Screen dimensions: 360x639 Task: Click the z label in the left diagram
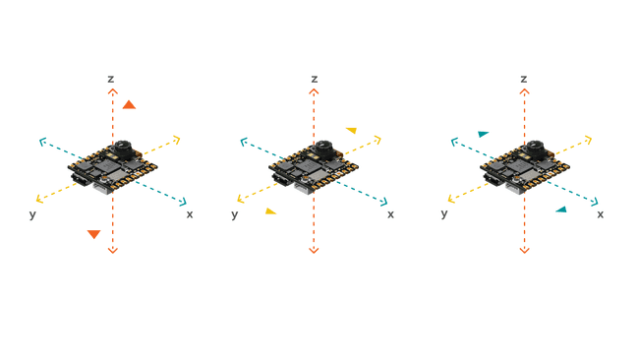(x=112, y=78)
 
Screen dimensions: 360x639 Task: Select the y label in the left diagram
(x=32, y=213)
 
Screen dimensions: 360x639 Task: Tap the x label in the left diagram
(x=190, y=213)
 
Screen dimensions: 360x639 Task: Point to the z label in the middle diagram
(x=314, y=78)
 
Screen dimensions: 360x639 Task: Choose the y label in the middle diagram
(x=234, y=213)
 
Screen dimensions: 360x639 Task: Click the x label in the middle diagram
(x=390, y=213)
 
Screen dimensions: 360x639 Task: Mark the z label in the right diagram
(x=524, y=78)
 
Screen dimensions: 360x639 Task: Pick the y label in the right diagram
(x=444, y=213)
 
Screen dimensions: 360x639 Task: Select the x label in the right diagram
(x=601, y=213)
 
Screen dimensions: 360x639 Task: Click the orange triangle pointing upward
(x=129, y=104)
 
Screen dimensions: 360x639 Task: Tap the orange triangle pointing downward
(x=93, y=234)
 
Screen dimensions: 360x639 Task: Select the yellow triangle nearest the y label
(x=270, y=210)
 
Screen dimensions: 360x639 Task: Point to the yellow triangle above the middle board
(x=351, y=130)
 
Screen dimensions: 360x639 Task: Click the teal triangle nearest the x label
(x=560, y=209)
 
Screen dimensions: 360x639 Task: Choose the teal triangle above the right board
(x=483, y=134)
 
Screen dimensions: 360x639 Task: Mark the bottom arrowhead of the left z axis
(x=112, y=250)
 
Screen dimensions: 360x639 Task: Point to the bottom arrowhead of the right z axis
(x=524, y=250)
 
